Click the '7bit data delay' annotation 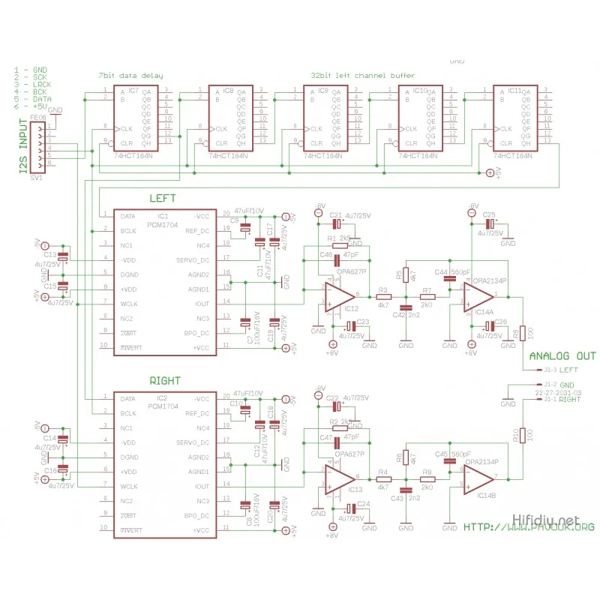click(x=130, y=76)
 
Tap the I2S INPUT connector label click(x=22, y=147)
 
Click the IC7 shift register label click(x=133, y=91)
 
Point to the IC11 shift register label click(x=514, y=91)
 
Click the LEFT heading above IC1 click(x=163, y=199)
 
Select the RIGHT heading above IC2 click(x=165, y=381)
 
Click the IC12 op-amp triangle click(x=339, y=295)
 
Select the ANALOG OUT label click(x=562, y=356)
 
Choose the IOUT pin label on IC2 click(x=202, y=486)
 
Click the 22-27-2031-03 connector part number click(x=558, y=392)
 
